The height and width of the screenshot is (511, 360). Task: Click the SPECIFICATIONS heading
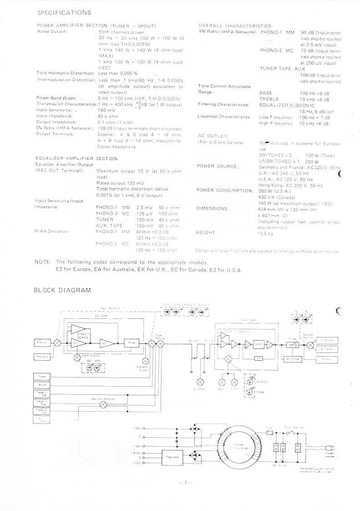coord(64,12)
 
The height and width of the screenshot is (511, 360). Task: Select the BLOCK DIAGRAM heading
coord(63,290)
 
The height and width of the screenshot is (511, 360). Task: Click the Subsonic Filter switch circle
coord(142,358)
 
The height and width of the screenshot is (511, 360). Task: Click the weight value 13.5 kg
coord(265,234)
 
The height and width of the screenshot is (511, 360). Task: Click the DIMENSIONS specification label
coord(212,208)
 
